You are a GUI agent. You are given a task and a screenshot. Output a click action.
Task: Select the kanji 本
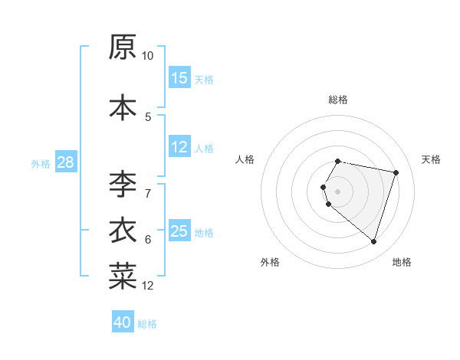123,107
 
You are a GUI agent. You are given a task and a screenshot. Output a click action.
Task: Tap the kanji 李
123,185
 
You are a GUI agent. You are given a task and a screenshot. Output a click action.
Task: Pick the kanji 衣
123,231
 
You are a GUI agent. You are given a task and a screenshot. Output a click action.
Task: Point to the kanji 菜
123,277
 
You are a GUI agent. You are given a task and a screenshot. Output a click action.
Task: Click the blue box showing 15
179,78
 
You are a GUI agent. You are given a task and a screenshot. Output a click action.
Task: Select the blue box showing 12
179,147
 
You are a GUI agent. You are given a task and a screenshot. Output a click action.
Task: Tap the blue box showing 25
179,231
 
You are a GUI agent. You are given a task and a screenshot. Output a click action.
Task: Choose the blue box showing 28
64,162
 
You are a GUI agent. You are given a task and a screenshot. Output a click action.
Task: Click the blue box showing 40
123,322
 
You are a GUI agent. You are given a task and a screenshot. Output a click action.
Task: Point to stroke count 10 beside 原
147,56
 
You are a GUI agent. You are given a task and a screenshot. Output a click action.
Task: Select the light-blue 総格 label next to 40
147,324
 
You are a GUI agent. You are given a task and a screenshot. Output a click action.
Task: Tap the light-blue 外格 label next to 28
41,163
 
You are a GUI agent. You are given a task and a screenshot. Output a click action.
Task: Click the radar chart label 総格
338,100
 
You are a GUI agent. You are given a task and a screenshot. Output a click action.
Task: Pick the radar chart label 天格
431,159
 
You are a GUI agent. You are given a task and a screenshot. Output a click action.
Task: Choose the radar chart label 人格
245,159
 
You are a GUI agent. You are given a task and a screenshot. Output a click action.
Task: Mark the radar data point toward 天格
396,173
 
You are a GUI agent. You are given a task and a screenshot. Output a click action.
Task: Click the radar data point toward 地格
373,242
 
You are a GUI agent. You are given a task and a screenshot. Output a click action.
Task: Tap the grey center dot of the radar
338,191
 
